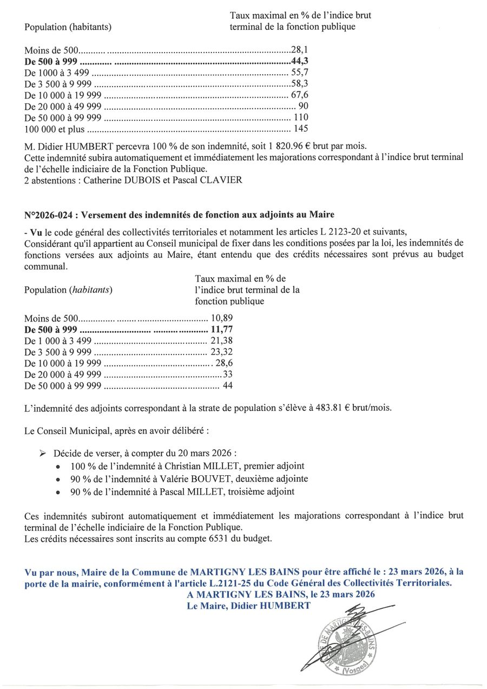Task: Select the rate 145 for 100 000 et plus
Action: click(x=301, y=129)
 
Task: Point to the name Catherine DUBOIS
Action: click(x=117, y=180)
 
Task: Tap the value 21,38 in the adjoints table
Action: click(x=222, y=340)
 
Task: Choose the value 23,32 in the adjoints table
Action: click(x=222, y=352)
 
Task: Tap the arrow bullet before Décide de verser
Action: click(x=43, y=452)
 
